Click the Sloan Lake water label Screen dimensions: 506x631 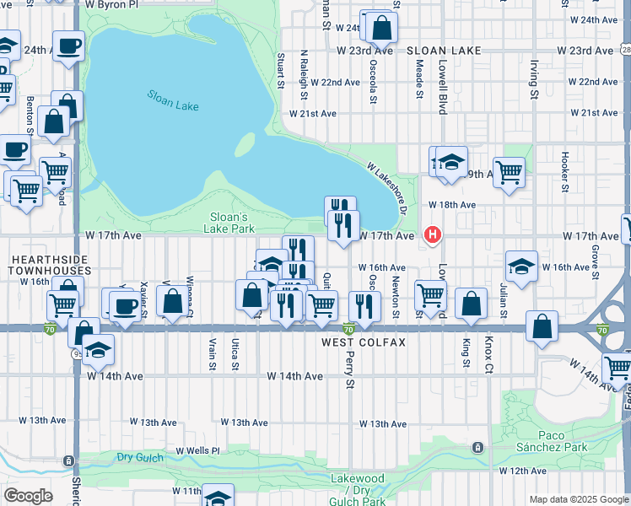(172, 100)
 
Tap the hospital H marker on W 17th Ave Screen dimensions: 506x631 (433, 234)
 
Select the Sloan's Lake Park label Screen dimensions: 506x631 (231, 223)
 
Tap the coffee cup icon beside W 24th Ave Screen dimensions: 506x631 (68, 46)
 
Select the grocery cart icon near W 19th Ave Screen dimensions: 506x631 (509, 173)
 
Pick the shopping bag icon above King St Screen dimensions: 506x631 (471, 303)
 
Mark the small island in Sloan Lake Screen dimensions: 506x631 (244, 145)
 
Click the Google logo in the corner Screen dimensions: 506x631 (28, 496)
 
